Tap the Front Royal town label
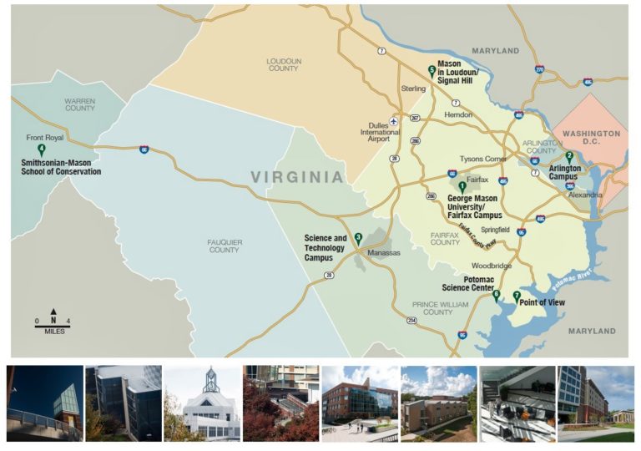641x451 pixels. click(x=44, y=138)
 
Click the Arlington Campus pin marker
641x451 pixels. click(x=569, y=156)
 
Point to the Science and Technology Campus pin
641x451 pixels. click(x=358, y=237)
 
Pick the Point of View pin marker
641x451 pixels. click(x=517, y=296)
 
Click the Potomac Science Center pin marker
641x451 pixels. click(x=497, y=294)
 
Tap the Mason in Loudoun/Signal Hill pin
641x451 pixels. click(x=432, y=72)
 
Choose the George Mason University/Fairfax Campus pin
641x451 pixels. click(x=462, y=185)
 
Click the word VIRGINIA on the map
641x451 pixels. click(x=297, y=177)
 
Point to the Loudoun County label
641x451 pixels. click(x=283, y=64)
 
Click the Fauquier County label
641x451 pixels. click(x=224, y=246)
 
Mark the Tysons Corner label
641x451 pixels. click(x=483, y=159)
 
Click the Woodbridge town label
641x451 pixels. click(x=492, y=266)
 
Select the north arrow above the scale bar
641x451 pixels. click(x=53, y=312)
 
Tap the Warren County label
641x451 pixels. click(x=80, y=104)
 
